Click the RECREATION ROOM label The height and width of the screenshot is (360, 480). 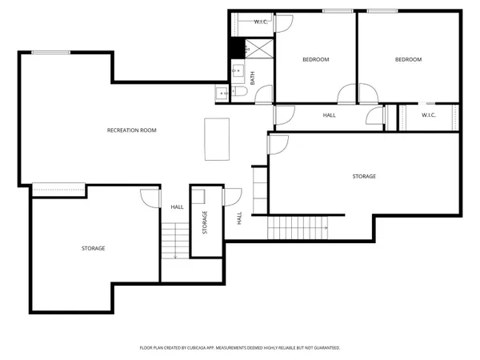(x=131, y=130)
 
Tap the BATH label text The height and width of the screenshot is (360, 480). (x=253, y=78)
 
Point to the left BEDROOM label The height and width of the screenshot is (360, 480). (x=315, y=59)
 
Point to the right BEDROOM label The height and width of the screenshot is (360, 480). (x=408, y=59)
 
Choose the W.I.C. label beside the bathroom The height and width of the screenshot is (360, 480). (x=261, y=22)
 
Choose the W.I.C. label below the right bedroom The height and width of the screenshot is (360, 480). (x=428, y=115)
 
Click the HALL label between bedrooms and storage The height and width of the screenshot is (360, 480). (x=329, y=115)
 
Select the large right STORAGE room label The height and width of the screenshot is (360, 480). (x=364, y=176)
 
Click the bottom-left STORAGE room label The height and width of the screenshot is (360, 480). (x=93, y=248)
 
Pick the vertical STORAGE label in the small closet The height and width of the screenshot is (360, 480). (x=205, y=222)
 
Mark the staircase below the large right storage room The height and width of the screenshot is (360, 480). (x=298, y=229)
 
